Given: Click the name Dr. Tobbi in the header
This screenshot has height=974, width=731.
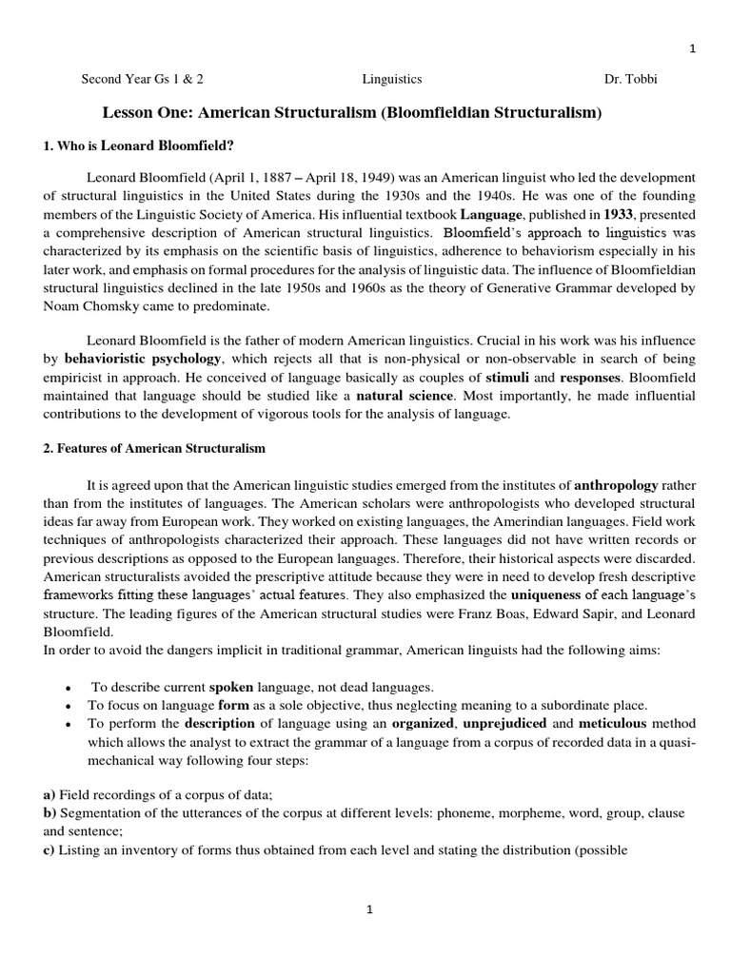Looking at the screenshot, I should [x=631, y=79].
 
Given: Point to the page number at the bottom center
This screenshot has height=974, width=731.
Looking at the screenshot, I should [x=370, y=909].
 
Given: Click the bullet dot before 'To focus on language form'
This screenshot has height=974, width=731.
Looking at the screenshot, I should [x=69, y=706].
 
